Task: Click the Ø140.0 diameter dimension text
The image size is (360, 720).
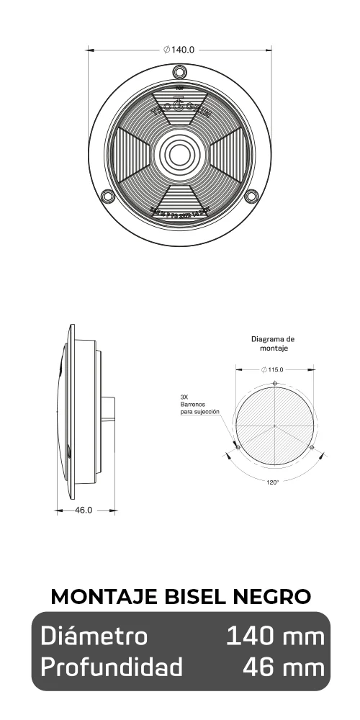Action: (x=179, y=50)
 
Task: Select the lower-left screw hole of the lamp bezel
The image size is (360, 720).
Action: (x=108, y=196)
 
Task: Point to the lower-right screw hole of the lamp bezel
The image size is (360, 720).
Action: (x=251, y=196)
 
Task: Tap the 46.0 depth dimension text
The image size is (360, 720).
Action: (x=84, y=510)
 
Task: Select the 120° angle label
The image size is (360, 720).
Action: (x=273, y=482)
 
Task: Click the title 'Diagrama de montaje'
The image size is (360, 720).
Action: (x=273, y=343)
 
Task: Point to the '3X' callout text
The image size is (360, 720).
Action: (x=184, y=397)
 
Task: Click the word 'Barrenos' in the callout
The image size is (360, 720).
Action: (x=193, y=405)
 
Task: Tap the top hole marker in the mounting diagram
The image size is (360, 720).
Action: (x=275, y=382)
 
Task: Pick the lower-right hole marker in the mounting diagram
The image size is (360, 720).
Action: (x=312, y=447)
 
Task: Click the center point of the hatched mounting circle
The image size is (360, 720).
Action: (x=275, y=426)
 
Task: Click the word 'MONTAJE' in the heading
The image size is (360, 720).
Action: (x=94, y=597)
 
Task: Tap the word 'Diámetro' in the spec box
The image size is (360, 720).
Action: (x=94, y=636)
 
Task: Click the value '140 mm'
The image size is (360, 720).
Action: (x=274, y=636)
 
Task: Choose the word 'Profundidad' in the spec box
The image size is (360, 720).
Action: (x=112, y=667)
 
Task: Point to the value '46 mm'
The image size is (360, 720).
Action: (x=283, y=667)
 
